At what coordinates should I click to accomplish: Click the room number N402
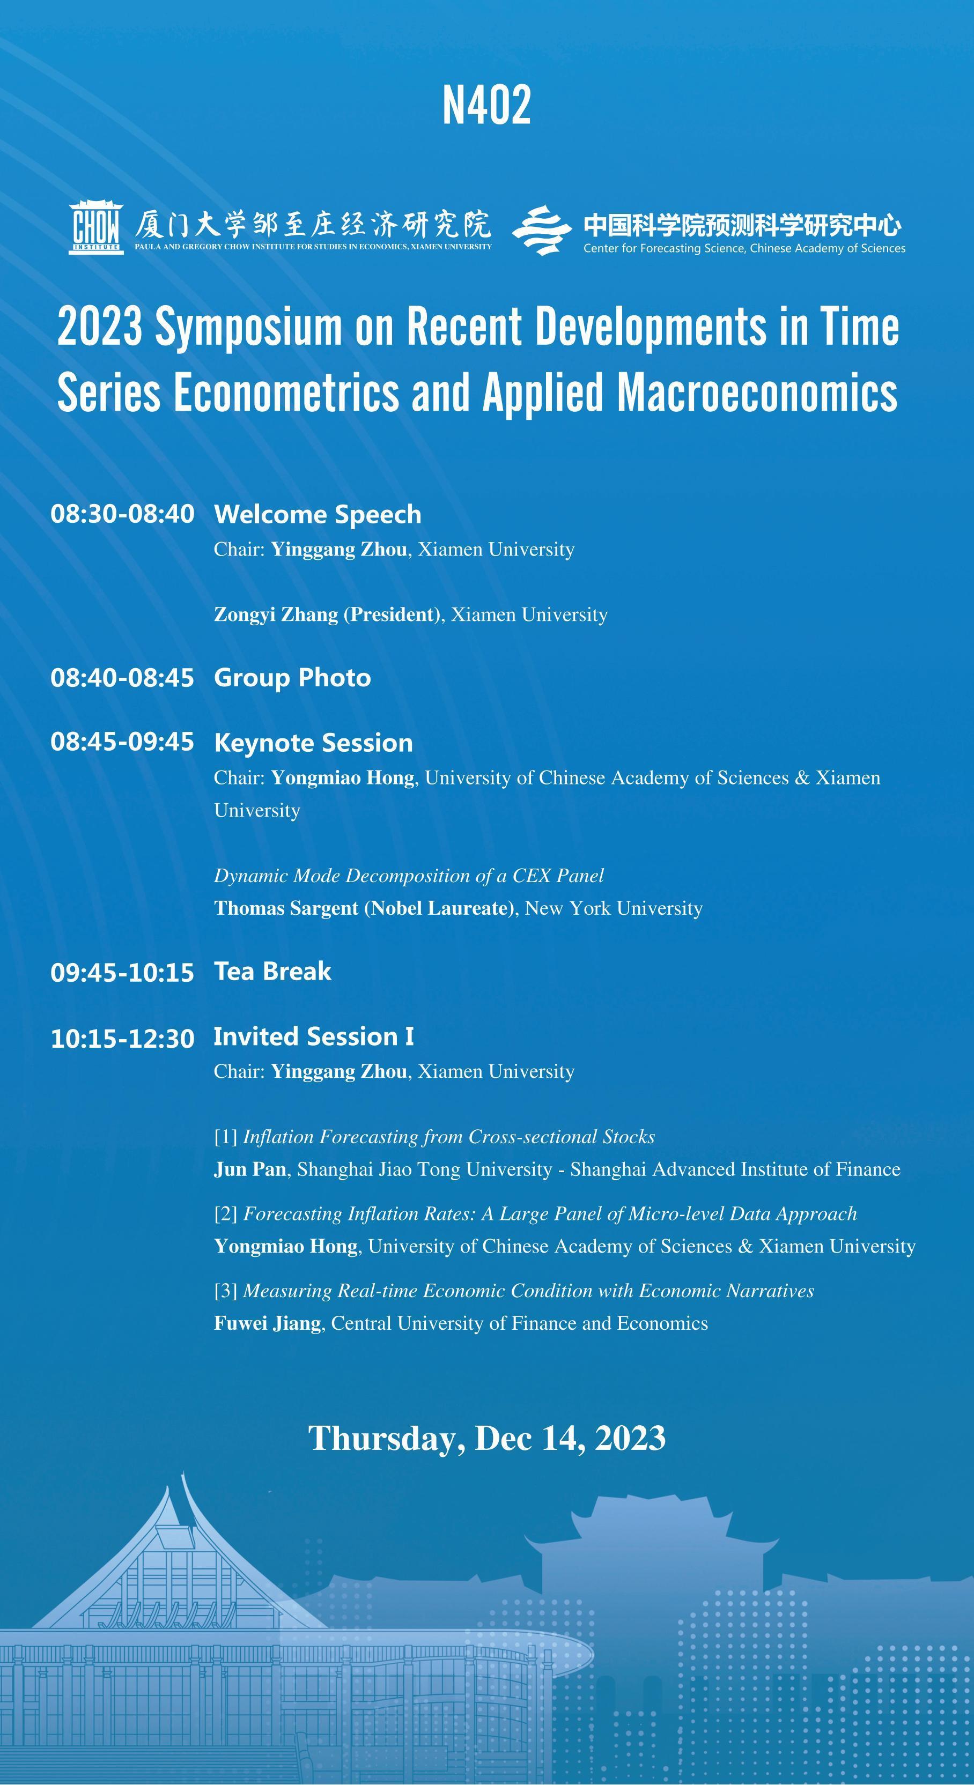[x=486, y=105]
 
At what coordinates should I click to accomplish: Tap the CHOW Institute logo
[x=97, y=227]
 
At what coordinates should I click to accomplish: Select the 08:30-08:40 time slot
[x=122, y=514]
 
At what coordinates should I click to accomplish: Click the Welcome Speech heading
[x=318, y=514]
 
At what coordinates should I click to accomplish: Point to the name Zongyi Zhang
[x=276, y=614]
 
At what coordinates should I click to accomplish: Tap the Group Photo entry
[x=292, y=678]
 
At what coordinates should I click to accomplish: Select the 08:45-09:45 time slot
[x=122, y=742]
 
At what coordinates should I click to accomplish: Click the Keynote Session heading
[x=313, y=743]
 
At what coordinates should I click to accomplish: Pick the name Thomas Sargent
[x=286, y=908]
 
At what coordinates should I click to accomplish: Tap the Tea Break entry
[x=272, y=972]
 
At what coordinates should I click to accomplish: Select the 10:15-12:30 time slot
[x=122, y=1039]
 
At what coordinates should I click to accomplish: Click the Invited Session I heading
[x=313, y=1036]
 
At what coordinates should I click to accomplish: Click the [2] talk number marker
[x=226, y=1214]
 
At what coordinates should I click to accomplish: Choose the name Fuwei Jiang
[x=268, y=1323]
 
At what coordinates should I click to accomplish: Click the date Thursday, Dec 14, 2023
[x=486, y=1438]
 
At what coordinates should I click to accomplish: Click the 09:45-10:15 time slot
[x=122, y=973]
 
